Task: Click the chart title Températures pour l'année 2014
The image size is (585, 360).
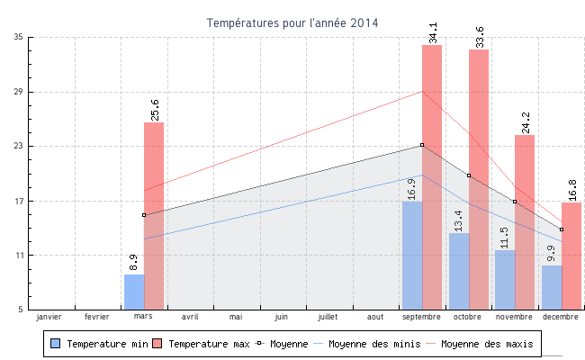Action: tap(292, 22)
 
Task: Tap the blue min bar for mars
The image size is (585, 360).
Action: tap(134, 292)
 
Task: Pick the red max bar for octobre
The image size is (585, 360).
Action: tap(479, 179)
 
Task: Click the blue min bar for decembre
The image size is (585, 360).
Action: tap(552, 287)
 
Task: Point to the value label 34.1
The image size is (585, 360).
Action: tap(434, 32)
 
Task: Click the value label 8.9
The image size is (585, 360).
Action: tap(134, 262)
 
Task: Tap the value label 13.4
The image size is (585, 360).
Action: tap(458, 220)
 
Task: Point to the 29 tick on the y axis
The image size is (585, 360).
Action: tap(18, 92)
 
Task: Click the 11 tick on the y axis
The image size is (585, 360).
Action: tap(18, 256)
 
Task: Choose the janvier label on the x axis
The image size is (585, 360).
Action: tap(49, 317)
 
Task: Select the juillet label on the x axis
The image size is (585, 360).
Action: tap(328, 317)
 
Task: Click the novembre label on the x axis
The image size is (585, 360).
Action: tap(515, 317)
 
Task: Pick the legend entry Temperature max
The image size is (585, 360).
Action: tap(202, 344)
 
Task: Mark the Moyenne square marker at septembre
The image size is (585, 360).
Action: tap(422, 145)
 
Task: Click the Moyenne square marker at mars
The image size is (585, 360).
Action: tap(144, 215)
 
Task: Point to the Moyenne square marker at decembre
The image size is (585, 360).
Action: tap(562, 229)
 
